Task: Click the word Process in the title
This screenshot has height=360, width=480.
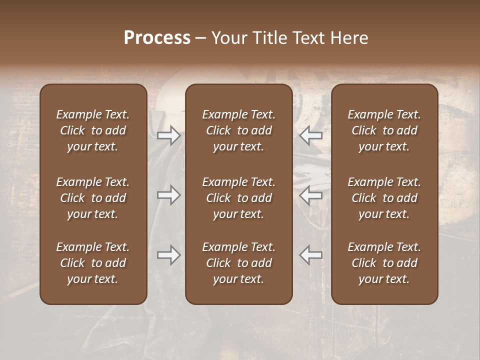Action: click(157, 38)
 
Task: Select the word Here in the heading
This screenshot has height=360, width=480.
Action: click(349, 38)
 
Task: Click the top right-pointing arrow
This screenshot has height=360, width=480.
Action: click(168, 135)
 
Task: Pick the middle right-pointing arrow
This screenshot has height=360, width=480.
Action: click(168, 195)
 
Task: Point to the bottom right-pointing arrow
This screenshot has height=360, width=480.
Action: click(168, 255)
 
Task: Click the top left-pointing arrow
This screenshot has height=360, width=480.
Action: click(310, 135)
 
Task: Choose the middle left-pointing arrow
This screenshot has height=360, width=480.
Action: click(310, 195)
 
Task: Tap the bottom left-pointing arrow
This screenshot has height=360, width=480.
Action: click(310, 255)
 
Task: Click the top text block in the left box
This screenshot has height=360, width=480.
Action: click(93, 130)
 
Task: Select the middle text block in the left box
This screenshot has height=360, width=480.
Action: click(93, 198)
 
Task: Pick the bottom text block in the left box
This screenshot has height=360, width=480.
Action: click(93, 263)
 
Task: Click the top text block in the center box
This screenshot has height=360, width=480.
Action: click(238, 130)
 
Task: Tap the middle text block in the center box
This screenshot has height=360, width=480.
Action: click(238, 198)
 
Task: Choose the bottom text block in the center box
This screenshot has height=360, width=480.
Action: click(238, 263)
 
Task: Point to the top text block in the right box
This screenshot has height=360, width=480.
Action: click(384, 130)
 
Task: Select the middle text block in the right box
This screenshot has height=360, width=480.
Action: click(384, 198)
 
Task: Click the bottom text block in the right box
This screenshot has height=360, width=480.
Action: click(384, 263)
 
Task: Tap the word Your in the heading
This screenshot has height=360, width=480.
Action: click(229, 38)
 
